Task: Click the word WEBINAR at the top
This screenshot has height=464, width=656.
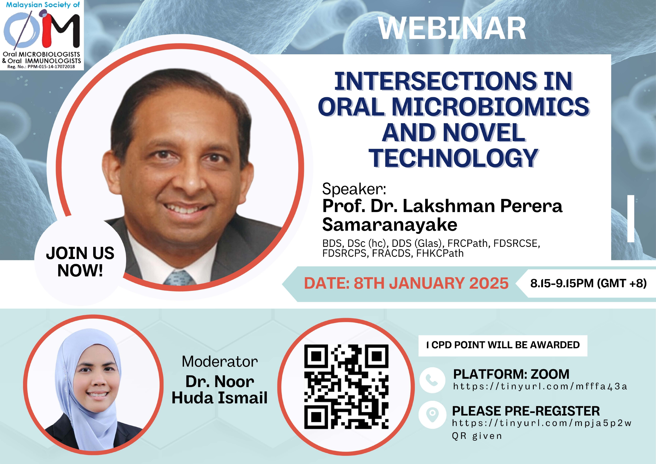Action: click(x=452, y=29)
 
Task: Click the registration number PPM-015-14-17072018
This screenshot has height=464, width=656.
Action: click(x=51, y=67)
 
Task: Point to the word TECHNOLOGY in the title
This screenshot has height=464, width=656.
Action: click(x=453, y=158)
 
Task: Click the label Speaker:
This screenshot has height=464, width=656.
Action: click(x=354, y=189)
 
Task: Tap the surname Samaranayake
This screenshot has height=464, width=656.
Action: click(x=389, y=225)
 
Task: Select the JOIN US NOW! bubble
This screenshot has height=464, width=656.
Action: click(x=80, y=262)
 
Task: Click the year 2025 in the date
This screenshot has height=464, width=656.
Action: click(x=489, y=283)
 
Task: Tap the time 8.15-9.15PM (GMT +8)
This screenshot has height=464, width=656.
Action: click(x=588, y=283)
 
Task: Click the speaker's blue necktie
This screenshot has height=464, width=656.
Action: click(x=179, y=278)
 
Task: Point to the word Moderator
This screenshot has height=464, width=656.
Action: click(x=219, y=361)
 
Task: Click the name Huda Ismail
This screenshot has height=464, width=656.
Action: click(x=219, y=398)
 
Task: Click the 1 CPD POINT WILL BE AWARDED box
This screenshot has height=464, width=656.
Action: click(x=502, y=345)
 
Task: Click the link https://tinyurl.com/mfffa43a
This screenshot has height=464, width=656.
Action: click(x=540, y=386)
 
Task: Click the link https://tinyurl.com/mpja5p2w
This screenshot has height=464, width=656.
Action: click(x=541, y=423)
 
